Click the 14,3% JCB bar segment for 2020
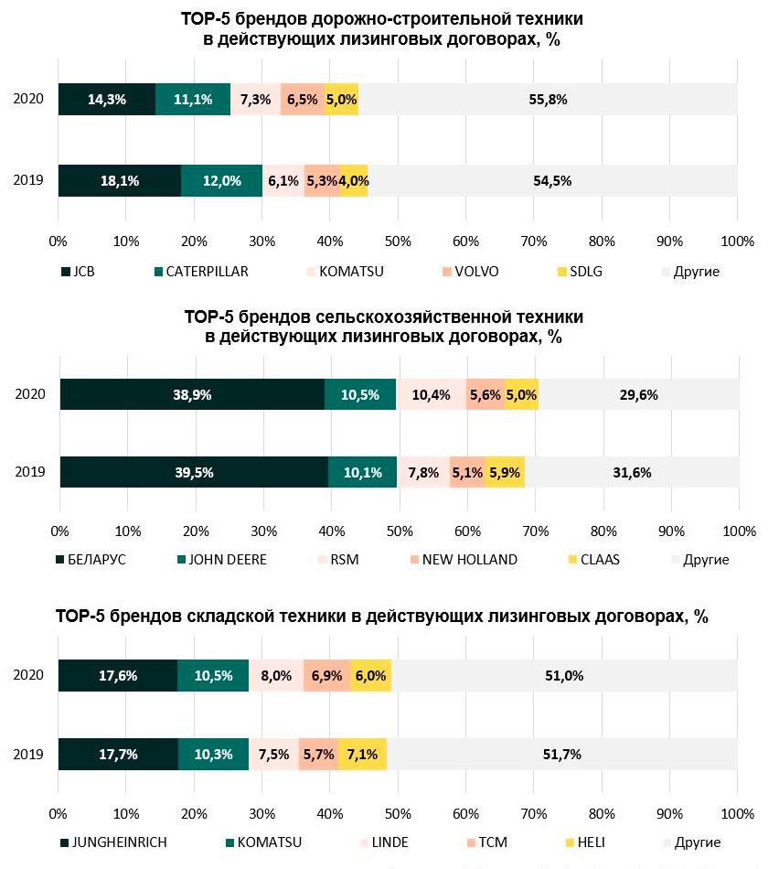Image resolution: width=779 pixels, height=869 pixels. [106, 100]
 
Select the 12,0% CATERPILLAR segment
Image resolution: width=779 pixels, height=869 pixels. [221, 181]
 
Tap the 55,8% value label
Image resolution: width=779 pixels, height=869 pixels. [548, 100]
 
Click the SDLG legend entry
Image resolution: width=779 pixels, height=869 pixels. [582, 272]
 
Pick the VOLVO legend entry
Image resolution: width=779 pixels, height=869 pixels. [472, 272]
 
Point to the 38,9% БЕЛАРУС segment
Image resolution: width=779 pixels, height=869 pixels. [192, 395]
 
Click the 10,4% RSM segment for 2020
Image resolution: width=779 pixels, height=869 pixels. [431, 395]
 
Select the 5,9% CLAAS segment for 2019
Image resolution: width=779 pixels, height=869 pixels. [505, 473]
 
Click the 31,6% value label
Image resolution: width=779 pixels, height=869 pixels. [632, 473]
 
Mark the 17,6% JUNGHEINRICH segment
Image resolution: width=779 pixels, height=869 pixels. [118, 676]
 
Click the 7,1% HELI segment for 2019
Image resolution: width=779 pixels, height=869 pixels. [363, 755]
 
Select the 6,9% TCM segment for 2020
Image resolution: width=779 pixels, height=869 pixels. [326, 676]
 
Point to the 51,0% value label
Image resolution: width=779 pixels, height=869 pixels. [564, 676]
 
